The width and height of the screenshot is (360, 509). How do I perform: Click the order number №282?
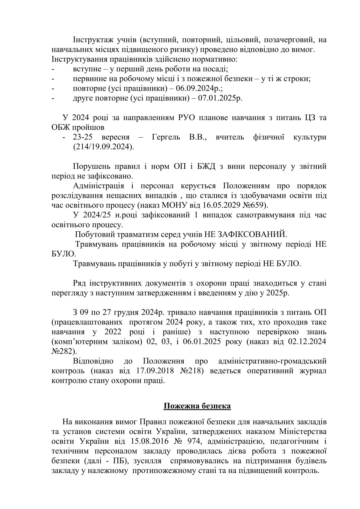click(63, 351)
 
